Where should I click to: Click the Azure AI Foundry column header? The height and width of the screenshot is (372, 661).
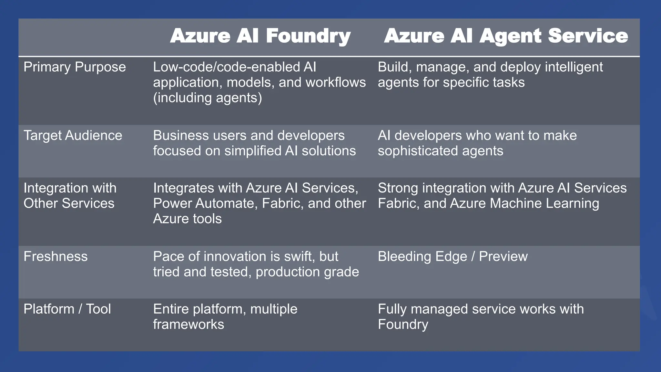pyautogui.click(x=260, y=36)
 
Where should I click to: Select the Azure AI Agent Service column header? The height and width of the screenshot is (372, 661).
pyautogui.click(x=506, y=36)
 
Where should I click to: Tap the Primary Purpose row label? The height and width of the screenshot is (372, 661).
pyautogui.click(x=75, y=67)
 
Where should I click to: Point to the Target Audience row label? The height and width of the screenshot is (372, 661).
pyautogui.click(x=73, y=136)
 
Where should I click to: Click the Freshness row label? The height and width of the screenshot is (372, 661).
pyautogui.click(x=56, y=257)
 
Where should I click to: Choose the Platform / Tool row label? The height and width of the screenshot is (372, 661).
pyautogui.click(x=67, y=309)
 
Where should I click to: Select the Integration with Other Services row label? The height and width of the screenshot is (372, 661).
pyautogui.click(x=70, y=196)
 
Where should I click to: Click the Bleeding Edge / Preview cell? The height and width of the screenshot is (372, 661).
pyautogui.click(x=453, y=257)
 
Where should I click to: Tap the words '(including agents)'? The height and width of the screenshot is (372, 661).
pyautogui.click(x=208, y=98)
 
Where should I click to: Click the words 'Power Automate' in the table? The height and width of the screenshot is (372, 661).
pyautogui.click(x=205, y=203)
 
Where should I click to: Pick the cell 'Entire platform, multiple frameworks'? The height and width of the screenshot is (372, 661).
pyautogui.click(x=225, y=317)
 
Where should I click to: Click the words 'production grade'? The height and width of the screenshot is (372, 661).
pyautogui.click(x=307, y=272)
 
